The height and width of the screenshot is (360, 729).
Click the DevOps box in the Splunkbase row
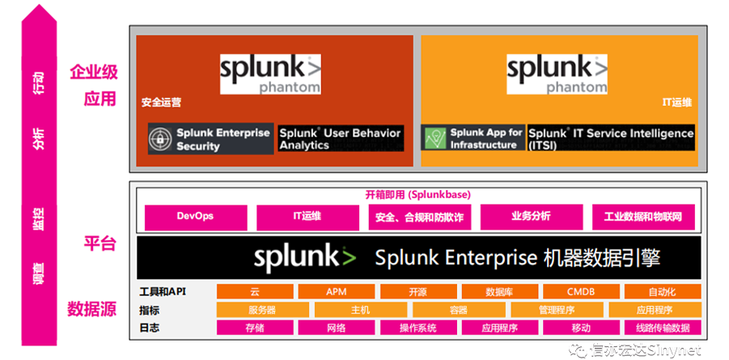coord(195,217)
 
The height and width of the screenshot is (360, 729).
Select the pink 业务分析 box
coord(531,217)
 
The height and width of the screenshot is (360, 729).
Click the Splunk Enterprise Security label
coord(223,139)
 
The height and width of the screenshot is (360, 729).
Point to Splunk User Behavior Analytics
coord(340,139)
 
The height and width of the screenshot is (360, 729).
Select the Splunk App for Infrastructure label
coord(486,138)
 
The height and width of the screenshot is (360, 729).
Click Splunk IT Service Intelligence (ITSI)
coord(610,138)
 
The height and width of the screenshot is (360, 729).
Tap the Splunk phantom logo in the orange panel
coord(557,73)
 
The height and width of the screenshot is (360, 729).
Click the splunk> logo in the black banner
coord(304,258)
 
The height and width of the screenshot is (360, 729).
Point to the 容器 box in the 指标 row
coord(458,310)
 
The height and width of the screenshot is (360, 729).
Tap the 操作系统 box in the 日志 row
coord(417,328)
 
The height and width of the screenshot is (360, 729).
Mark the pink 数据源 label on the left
coord(91,309)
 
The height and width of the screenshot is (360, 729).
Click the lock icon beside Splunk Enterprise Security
coord(160,139)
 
